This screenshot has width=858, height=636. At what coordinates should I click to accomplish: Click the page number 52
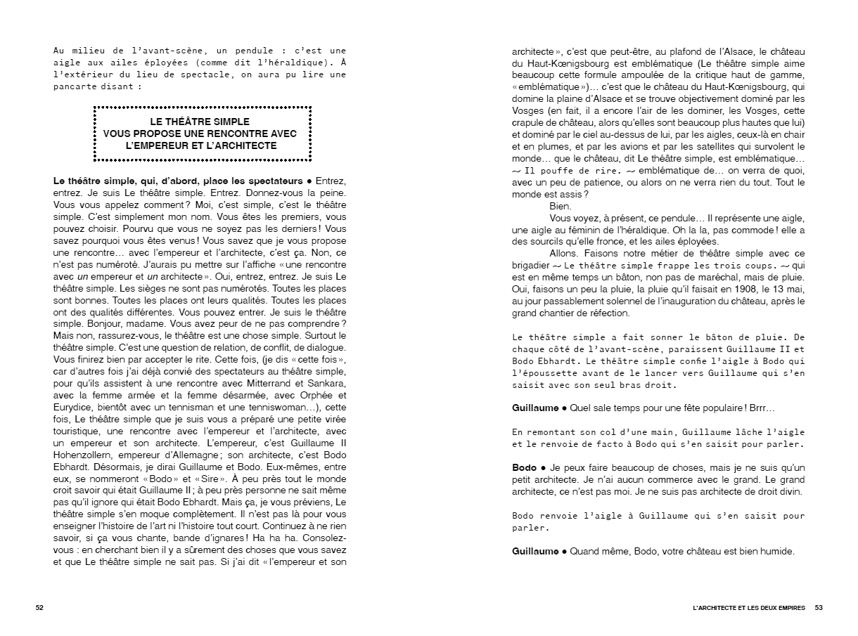39,607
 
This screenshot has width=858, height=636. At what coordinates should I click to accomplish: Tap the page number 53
819,607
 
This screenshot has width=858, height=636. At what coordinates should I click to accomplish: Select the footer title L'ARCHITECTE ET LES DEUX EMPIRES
748,607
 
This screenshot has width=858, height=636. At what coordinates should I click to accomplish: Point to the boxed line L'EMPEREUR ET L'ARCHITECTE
201,145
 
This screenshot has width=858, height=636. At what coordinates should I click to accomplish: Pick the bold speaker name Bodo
524,467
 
